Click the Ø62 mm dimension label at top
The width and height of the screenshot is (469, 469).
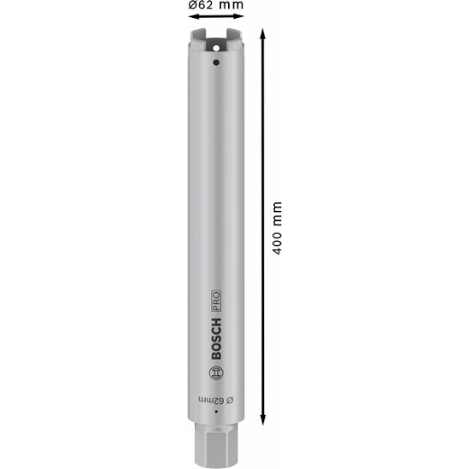[216, 5]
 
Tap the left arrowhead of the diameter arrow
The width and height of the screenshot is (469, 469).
[192, 16]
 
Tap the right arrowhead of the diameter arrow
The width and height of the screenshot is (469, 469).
[240, 16]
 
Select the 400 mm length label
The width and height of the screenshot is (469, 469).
[277, 228]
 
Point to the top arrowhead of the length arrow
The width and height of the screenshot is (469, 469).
[262, 32]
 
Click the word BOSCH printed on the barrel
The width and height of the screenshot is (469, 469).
[216, 339]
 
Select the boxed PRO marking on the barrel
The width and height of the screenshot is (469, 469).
[216, 301]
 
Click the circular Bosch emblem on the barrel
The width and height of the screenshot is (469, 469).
[216, 373]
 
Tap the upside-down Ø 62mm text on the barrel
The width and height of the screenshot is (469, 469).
[216, 400]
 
